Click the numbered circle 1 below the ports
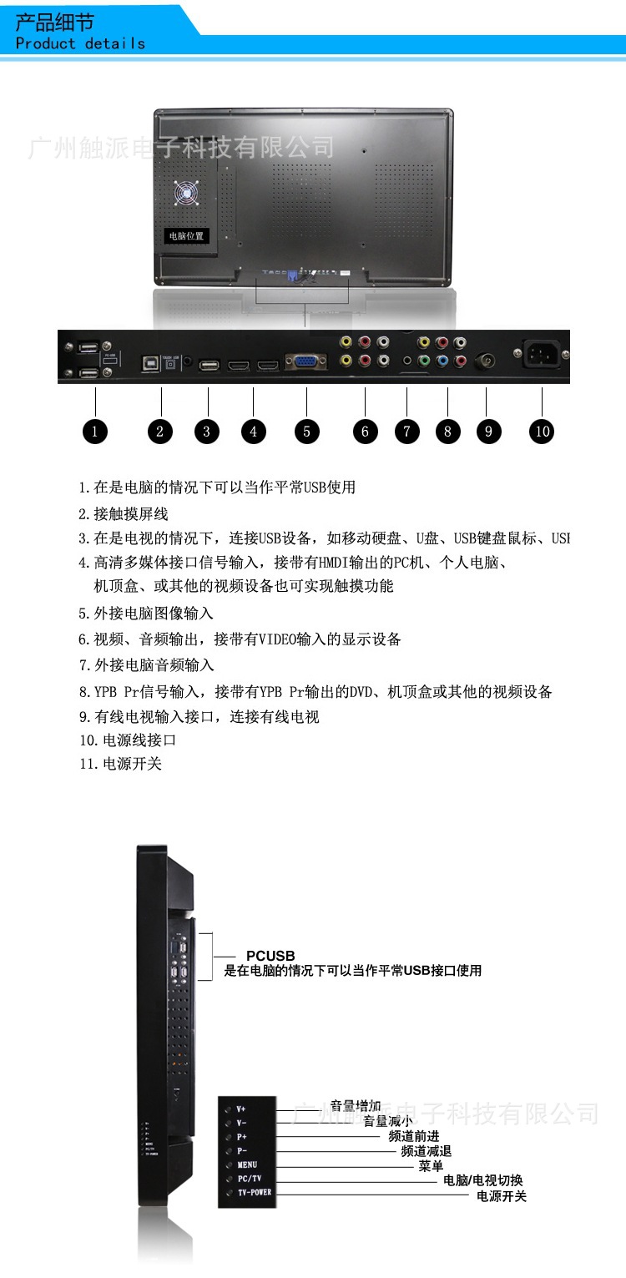(95, 431)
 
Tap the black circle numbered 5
(306, 431)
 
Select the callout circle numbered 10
(543, 431)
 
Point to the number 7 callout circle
(406, 431)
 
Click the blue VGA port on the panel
(305, 362)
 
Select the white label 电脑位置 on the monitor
(185, 236)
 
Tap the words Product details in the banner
(80, 43)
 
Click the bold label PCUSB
(270, 956)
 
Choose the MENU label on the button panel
(247, 1164)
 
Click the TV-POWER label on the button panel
(255, 1193)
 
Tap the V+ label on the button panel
(241, 1109)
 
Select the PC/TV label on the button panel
(250, 1179)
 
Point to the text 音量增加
(356, 1106)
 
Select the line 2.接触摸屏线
(124, 514)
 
